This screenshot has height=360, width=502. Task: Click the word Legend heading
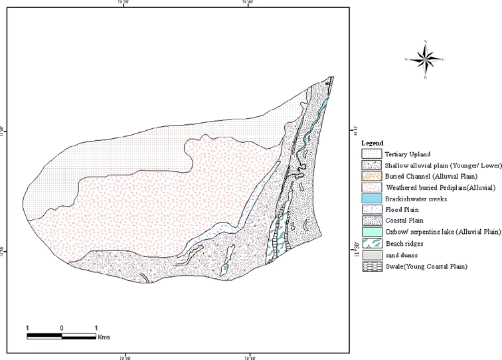(372, 143)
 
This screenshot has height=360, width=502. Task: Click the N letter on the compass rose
(426, 42)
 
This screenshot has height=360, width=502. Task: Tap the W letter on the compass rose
(406, 59)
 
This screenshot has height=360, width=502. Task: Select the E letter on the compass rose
(444, 60)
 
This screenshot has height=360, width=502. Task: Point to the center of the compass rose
(425, 60)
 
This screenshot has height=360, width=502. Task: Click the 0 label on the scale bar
(61, 327)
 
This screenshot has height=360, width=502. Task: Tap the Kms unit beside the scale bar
(104, 337)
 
